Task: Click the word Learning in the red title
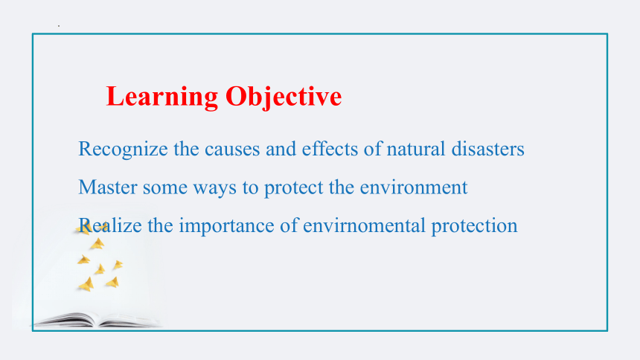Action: pos(162,97)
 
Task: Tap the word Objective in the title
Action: pos(284,97)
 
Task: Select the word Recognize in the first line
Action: pos(123,150)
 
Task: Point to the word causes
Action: pos(232,150)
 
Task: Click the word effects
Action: pos(330,149)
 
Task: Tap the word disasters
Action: pos(487,149)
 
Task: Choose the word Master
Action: pos(108,187)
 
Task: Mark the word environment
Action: pos(414,187)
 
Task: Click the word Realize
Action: pos(110,225)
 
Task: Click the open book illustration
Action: pos(97,320)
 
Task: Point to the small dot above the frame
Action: pos(59,26)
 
